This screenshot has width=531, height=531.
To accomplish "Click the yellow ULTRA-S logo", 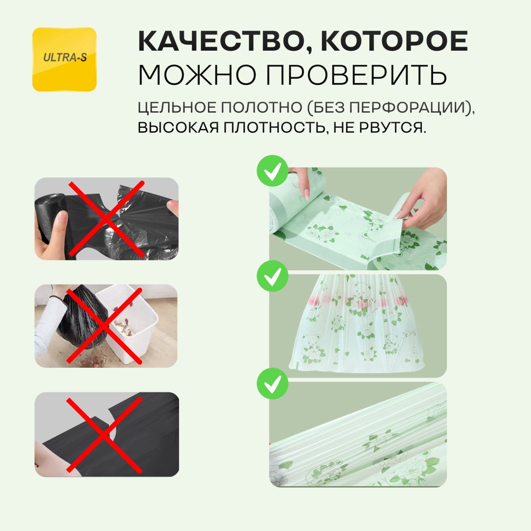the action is click(x=64, y=59).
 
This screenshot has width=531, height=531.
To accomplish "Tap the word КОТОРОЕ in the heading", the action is click(x=394, y=41).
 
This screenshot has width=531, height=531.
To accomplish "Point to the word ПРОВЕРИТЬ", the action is click(x=356, y=75).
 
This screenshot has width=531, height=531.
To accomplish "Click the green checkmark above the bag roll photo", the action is click(x=272, y=171).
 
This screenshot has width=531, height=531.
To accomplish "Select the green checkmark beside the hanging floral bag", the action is click(x=272, y=276).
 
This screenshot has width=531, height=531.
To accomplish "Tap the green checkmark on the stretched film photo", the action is click(x=272, y=383).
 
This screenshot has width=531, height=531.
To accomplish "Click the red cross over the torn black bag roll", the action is click(x=106, y=219).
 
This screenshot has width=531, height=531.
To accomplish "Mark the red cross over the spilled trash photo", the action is click(x=104, y=326).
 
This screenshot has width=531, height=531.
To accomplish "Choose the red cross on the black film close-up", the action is click(x=104, y=435).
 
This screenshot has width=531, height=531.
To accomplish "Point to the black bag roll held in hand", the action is click(x=51, y=217).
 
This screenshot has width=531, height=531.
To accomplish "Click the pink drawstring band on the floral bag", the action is click(x=358, y=301).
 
